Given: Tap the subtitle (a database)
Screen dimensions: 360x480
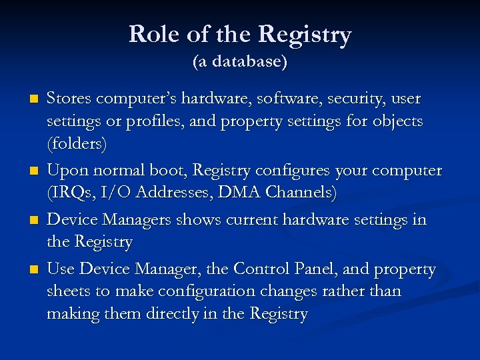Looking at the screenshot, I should click(240, 62).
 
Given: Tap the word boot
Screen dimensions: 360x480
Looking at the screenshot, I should click(169, 171).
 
